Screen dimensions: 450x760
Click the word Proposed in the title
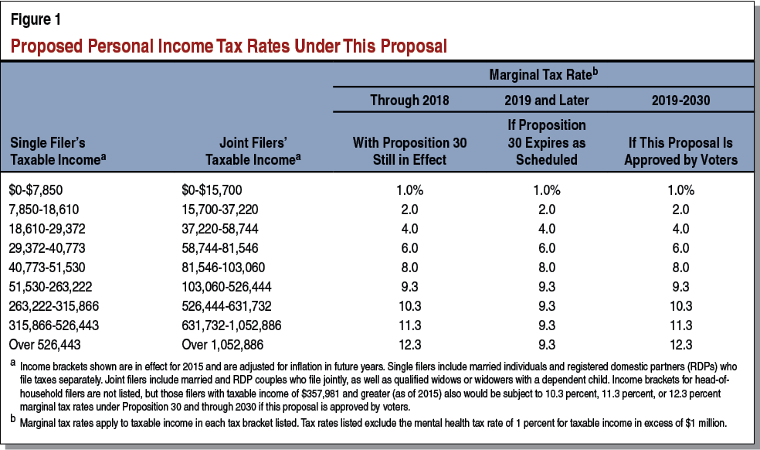(x=43, y=46)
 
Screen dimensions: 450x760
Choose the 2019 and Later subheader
(x=547, y=101)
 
